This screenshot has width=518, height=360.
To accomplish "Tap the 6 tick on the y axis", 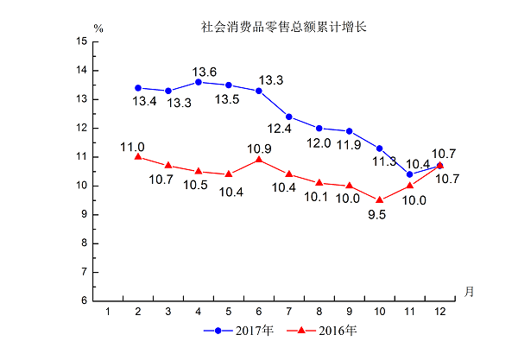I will coord(84,300).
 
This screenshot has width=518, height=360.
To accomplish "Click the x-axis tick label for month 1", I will coord(108,311).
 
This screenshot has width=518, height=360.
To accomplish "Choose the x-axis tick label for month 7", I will coord(288,311).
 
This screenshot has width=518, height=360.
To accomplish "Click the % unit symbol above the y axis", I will coord(99,28).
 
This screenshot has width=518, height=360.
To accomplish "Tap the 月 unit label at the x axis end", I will coord(468,290).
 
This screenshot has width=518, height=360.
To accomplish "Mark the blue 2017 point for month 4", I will coord(199,82).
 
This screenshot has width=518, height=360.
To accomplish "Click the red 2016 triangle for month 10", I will coord(380,199).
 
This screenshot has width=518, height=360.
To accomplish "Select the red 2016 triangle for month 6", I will coord(259,160).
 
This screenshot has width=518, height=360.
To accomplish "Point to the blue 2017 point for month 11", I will coord(410,174).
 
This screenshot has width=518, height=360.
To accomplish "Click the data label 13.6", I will coord(204,71).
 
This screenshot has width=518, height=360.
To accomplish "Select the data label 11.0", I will coord(132,147).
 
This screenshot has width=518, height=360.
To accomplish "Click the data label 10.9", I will coord(260,148).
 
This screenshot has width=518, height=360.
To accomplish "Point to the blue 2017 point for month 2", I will coord(138,87).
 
